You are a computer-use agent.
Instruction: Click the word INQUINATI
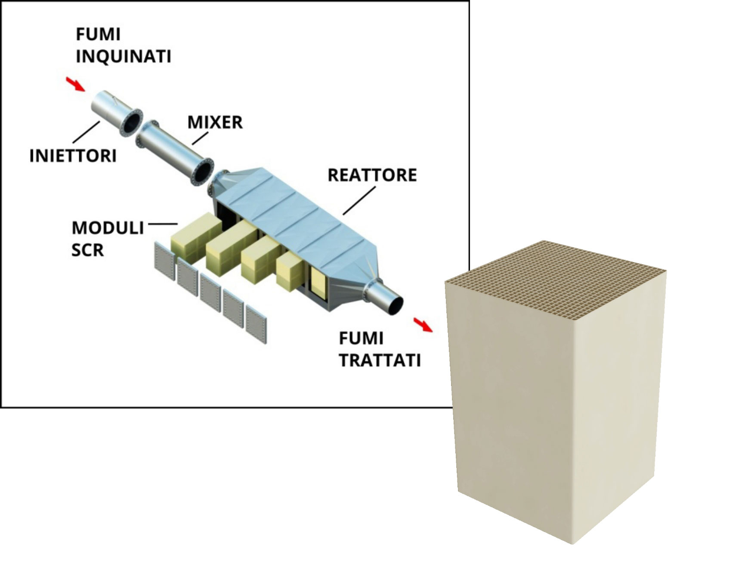click(124, 56)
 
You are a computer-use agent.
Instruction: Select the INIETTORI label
click(73, 156)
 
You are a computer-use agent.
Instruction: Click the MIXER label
click(215, 122)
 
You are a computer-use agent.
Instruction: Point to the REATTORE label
click(372, 175)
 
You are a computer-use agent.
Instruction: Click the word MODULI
click(108, 228)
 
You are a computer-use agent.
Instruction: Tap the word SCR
click(87, 250)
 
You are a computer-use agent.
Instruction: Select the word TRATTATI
click(380, 360)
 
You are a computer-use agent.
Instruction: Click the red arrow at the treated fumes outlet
click(423, 324)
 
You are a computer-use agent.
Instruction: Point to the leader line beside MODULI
click(163, 224)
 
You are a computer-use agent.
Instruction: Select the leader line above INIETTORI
click(87, 132)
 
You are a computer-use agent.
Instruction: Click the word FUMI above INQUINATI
click(98, 34)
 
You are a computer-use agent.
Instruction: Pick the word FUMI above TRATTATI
click(361, 339)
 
